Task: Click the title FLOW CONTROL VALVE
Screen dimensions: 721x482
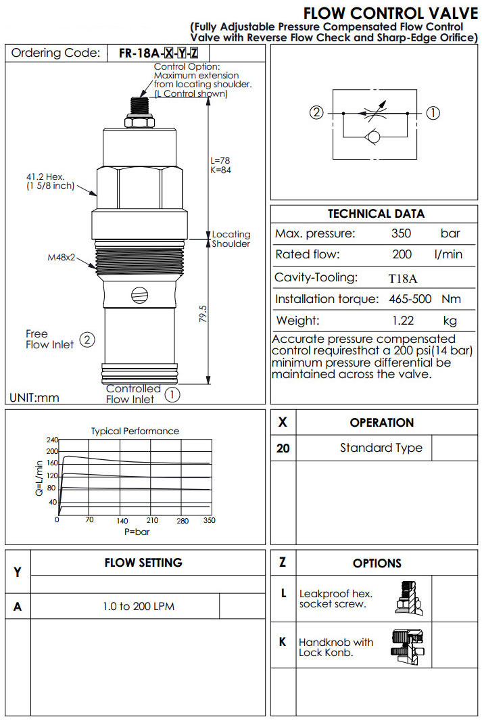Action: click(390, 14)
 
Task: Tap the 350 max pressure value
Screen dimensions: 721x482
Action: click(402, 234)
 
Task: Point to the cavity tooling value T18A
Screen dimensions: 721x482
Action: click(404, 277)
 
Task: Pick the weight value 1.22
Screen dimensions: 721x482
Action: click(402, 321)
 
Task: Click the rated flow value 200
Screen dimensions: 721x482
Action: click(402, 255)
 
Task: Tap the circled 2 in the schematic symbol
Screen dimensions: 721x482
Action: click(316, 113)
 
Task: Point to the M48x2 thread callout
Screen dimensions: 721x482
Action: click(62, 257)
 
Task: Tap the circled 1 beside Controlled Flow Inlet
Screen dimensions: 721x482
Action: click(172, 394)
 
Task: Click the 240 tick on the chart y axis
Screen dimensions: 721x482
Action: click(52, 440)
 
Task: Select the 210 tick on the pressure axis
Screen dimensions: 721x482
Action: click(152, 520)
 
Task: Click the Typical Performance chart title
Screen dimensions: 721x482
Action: click(135, 431)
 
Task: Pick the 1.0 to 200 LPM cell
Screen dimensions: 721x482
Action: click(138, 607)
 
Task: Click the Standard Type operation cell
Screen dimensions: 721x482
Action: click(381, 448)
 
